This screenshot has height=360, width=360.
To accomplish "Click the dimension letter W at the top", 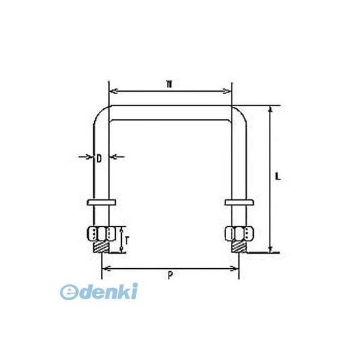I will [x=170, y=85].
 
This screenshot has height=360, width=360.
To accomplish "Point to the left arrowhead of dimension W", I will [x=110, y=92].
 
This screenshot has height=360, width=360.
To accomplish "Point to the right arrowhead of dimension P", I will [x=236, y=267].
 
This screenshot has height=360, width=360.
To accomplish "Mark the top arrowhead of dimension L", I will [x=270, y=110].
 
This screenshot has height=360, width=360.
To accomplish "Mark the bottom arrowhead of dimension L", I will [x=270, y=249].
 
